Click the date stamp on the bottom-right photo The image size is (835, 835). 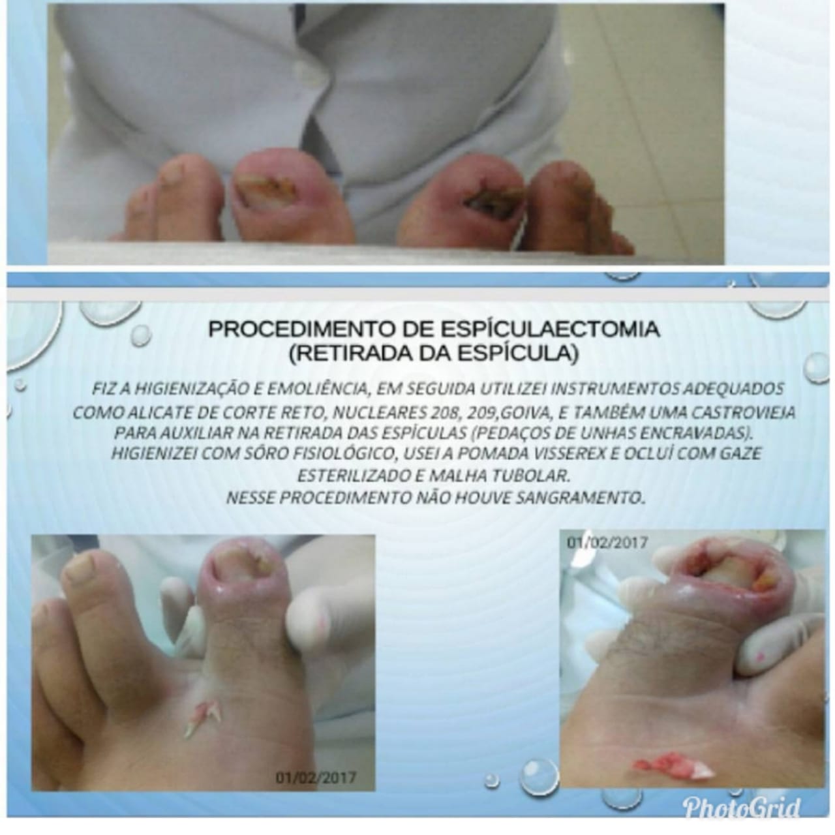tap(607, 542)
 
